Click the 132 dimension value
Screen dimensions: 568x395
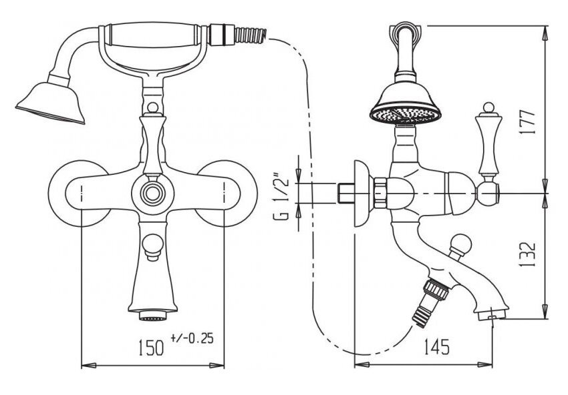pos(527,254)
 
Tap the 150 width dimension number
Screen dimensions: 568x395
pos(151,347)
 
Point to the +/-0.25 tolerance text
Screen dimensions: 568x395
pos(192,338)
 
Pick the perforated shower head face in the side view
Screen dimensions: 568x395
pos(406,115)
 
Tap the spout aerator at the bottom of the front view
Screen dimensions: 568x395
pos(153,316)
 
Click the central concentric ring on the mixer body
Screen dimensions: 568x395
pos(152,193)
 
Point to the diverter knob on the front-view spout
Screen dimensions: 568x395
pos(152,246)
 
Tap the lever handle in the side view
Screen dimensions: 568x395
pos(488,145)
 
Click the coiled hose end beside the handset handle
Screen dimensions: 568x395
pos(251,35)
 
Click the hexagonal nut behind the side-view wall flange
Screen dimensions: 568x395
pos(380,193)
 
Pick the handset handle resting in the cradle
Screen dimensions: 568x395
pos(152,35)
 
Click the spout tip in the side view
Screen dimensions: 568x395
pos(492,314)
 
